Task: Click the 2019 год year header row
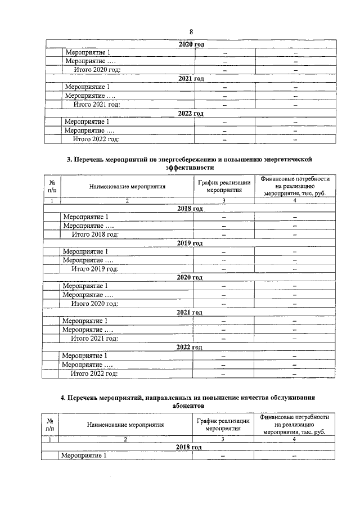(x=189, y=243)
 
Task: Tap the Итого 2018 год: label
(x=94, y=234)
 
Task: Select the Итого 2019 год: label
(x=94, y=269)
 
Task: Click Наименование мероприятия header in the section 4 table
(x=125, y=425)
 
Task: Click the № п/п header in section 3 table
(x=52, y=186)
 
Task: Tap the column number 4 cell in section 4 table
(x=294, y=439)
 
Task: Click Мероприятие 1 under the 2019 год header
(x=85, y=251)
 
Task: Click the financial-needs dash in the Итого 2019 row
(x=294, y=269)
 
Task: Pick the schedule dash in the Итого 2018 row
(x=223, y=234)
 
